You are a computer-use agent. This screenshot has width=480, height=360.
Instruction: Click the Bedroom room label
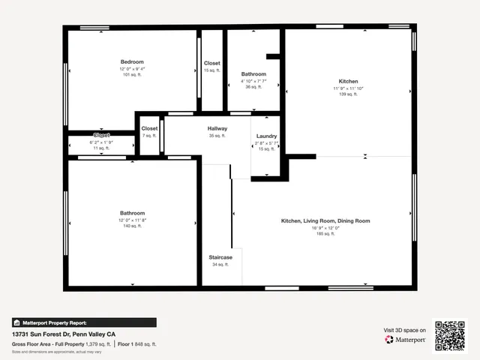132,61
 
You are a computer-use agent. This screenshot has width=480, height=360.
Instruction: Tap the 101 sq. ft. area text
132,75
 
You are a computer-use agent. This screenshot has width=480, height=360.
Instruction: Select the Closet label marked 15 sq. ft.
212,64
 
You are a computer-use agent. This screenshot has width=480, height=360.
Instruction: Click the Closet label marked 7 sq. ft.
150,129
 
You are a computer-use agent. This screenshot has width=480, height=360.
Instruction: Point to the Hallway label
217,129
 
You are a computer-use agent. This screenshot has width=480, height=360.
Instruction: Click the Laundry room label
267,136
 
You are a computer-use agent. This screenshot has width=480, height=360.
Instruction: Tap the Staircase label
220,257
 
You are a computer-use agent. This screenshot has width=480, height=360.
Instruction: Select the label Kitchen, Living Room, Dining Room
325,221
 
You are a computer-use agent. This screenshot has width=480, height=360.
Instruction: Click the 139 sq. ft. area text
348,94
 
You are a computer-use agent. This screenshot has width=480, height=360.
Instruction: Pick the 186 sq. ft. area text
325,235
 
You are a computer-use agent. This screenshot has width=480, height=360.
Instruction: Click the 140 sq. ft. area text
132,226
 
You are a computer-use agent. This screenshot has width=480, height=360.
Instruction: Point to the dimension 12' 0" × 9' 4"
132,69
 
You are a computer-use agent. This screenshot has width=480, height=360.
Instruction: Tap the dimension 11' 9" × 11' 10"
348,88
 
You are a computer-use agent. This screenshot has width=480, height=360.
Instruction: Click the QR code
451,336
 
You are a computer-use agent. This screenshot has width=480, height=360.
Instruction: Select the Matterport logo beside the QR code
406,340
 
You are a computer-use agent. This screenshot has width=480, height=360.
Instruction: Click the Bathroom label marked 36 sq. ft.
253,74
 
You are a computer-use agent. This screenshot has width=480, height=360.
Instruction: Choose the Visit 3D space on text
405,330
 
